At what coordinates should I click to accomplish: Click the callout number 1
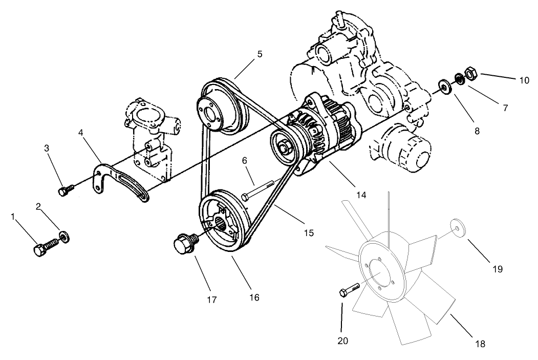click(12, 217)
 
